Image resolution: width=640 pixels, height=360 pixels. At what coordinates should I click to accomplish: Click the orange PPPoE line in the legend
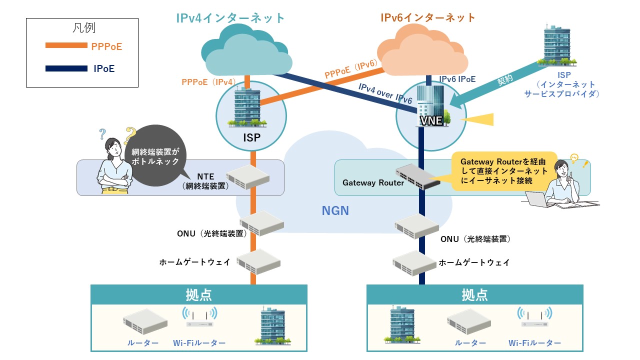[66, 46]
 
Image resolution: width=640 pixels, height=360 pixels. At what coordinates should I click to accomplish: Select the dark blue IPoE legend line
[66, 68]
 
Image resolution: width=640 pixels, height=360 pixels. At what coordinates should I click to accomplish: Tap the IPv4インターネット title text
[230, 18]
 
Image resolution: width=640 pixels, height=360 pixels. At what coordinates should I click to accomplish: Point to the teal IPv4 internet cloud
[246, 55]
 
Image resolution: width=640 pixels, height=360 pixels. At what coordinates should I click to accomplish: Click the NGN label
[334, 210]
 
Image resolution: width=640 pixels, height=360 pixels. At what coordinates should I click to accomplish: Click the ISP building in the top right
[558, 46]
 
